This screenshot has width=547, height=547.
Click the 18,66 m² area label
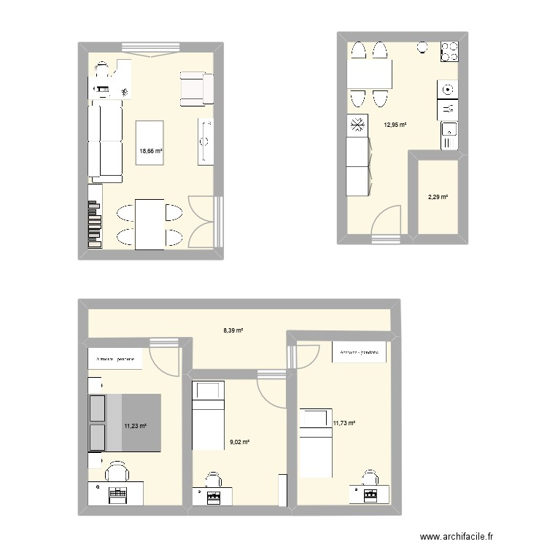point(150,152)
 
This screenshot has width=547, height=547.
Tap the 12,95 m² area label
point(395,125)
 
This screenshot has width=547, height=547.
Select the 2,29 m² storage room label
point(437,196)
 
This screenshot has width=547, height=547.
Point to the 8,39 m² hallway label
point(233,330)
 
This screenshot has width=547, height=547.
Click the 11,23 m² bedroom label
point(135,426)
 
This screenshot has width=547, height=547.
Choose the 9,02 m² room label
point(239,441)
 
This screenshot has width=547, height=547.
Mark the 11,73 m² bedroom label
point(344,422)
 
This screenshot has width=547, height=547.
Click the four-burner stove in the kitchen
point(449,52)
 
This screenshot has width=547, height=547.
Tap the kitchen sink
point(449,133)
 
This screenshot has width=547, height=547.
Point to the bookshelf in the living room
point(94,217)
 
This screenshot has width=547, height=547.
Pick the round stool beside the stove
point(422,48)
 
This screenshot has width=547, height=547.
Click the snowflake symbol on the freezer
point(358,125)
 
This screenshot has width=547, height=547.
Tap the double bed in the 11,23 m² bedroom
point(124,423)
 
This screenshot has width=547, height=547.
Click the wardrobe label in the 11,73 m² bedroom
point(358,353)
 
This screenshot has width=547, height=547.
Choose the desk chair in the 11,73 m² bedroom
point(370,478)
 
